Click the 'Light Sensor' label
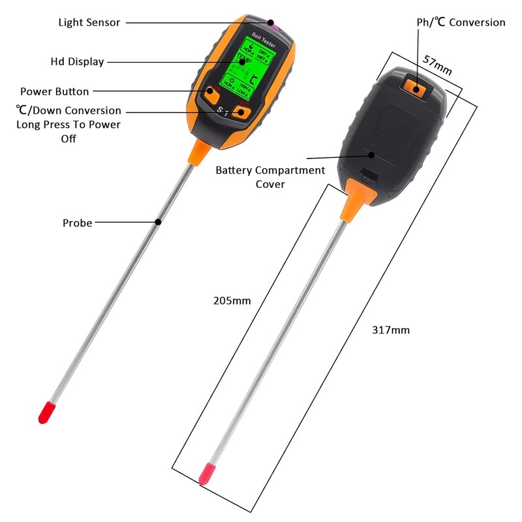coord(89,22)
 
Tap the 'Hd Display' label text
coord(77,62)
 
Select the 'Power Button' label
coord(54,91)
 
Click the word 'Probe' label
coord(77,223)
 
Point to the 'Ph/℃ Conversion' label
coord(461,22)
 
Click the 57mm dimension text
coord(438,63)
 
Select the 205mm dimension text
coord(232,301)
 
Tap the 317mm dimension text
coord(391,330)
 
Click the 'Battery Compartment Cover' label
coord(270,177)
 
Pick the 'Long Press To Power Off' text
coord(68,130)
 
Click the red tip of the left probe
coord(46,412)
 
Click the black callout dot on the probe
coord(159,222)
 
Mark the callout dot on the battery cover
coord(371,155)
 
